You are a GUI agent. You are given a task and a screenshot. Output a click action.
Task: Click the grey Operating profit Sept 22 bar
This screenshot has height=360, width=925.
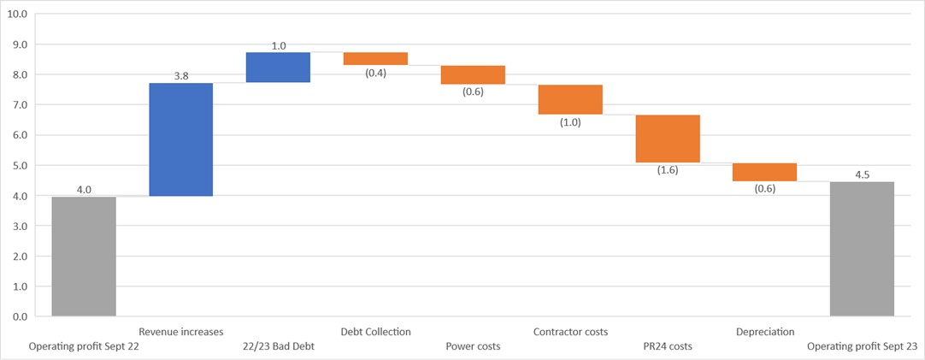pos(84,257)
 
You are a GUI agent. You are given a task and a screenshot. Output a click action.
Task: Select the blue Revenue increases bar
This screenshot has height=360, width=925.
pos(180,139)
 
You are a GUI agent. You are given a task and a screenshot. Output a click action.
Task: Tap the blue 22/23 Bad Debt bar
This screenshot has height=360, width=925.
pos(278,68)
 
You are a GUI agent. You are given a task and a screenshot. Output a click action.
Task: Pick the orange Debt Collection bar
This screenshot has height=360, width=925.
pos(375,59)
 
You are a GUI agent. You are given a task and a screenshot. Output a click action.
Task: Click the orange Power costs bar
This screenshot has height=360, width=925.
pos(473,74)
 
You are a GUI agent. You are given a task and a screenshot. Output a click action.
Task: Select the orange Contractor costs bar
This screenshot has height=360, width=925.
pos(570,99)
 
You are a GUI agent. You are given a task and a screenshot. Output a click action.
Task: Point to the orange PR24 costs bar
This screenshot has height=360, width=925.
pos(668,139)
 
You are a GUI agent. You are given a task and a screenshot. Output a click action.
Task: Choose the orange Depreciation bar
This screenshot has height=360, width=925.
pos(764,172)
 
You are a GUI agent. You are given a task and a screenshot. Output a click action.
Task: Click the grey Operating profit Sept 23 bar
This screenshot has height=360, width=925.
pos(862,249)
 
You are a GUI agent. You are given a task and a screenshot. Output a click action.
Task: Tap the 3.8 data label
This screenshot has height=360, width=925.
pos(181,76)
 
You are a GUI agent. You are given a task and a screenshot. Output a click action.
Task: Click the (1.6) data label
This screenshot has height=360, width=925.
pos(668,170)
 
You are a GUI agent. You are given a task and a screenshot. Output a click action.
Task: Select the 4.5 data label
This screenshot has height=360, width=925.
pos(862,174)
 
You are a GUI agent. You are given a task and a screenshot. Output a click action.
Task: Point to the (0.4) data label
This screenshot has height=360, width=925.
pos(375,73)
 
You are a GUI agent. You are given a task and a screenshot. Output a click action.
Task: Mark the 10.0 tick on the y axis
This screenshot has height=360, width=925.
pos(18,15)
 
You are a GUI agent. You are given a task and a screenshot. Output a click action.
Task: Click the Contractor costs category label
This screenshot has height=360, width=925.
pos(570,332)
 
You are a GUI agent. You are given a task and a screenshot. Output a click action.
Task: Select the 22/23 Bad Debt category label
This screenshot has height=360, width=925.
pos(278,346)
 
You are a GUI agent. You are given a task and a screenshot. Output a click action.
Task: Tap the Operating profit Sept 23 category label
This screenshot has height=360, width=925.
pos(862,346)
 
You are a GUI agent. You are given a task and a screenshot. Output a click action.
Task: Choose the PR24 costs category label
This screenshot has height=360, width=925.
pos(668,346)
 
